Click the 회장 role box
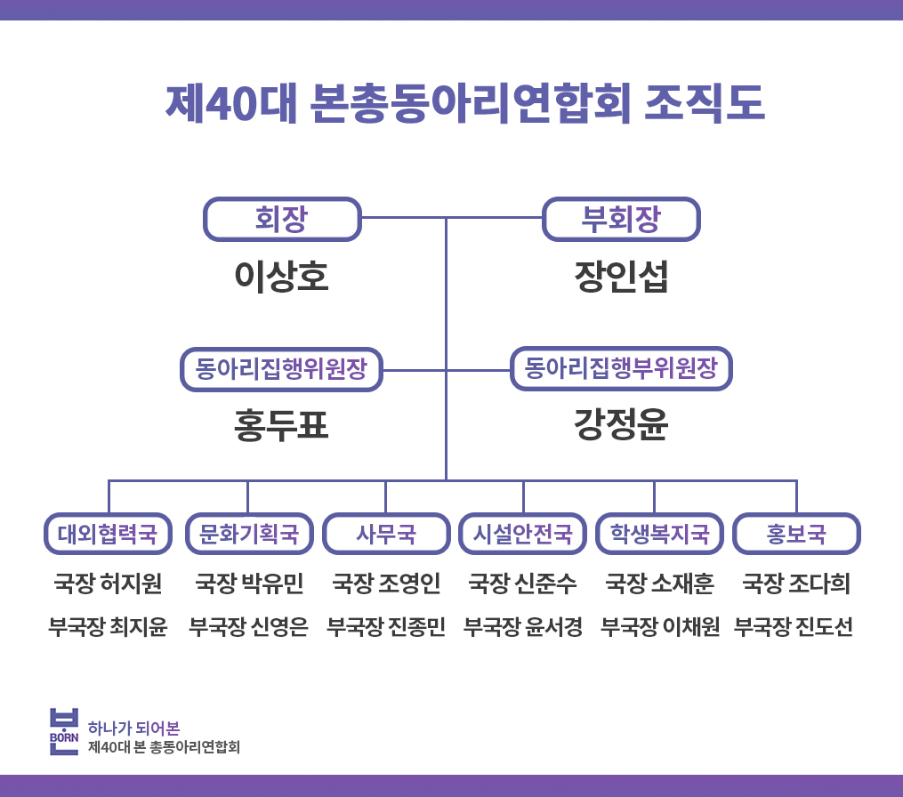pyautogui.click(x=282, y=219)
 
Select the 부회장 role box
pyautogui.click(x=621, y=219)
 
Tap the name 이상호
pyautogui.click(x=282, y=277)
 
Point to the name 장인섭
pyautogui.click(x=621, y=277)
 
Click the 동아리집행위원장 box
pyautogui.click(x=282, y=369)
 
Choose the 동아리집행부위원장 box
pyautogui.click(x=621, y=368)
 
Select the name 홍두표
pyautogui.click(x=282, y=425)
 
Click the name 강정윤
pyautogui.click(x=621, y=424)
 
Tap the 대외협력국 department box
pyautogui.click(x=108, y=534)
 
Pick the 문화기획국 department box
pyautogui.click(x=249, y=534)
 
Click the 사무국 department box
pyautogui.click(x=386, y=534)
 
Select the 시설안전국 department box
pyautogui.click(x=523, y=534)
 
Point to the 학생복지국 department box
pyautogui.click(x=660, y=534)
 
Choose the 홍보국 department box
pyautogui.click(x=796, y=534)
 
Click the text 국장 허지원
pyautogui.click(x=108, y=584)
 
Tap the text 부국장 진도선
pyautogui.click(x=794, y=626)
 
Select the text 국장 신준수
pyautogui.click(x=523, y=584)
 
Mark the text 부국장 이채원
pyautogui.click(x=660, y=626)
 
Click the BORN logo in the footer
pyautogui.click(x=64, y=731)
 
